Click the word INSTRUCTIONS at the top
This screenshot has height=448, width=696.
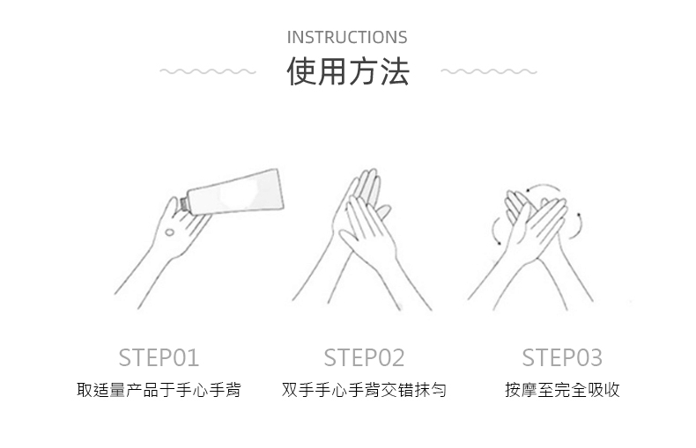(x=347, y=37)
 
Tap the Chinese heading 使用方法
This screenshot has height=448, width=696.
(x=348, y=71)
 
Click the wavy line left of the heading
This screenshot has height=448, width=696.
(x=208, y=71)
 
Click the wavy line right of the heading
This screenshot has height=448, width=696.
(x=489, y=71)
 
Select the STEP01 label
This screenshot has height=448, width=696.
(x=159, y=357)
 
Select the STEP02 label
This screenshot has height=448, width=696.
(x=364, y=357)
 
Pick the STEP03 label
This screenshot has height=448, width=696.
(x=562, y=357)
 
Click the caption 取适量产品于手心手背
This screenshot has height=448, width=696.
(x=159, y=390)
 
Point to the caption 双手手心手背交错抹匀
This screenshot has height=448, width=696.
(x=364, y=390)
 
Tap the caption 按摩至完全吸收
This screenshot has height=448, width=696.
(x=562, y=390)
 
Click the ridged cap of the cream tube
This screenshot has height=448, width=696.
(x=183, y=204)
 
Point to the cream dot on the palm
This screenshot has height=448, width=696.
(x=169, y=232)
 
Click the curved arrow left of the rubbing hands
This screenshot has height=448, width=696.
(x=493, y=230)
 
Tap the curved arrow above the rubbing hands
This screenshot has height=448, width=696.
(x=544, y=186)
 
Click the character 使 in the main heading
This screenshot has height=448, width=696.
(x=302, y=71)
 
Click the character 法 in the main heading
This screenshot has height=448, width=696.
(x=395, y=71)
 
